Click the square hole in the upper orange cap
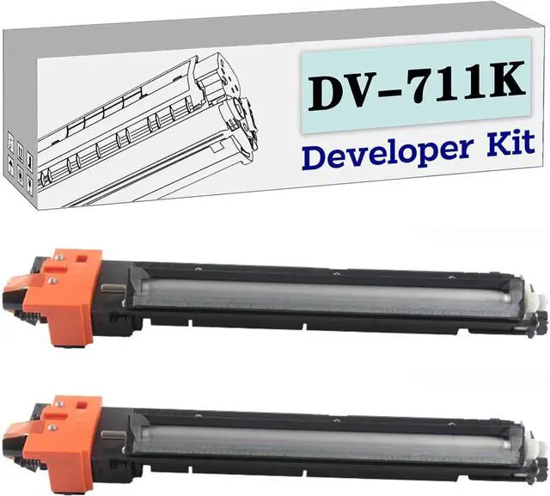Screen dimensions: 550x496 coord(82,259)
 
